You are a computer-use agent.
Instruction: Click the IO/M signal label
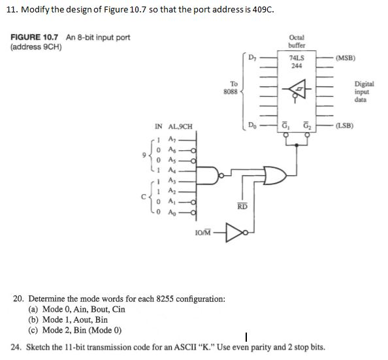pos(205,232)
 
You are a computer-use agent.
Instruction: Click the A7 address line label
pos(172,139)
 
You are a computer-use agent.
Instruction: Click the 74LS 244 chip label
pos(296,61)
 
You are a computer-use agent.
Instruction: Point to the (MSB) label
pos(344,57)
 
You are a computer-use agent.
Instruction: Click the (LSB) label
pos(344,125)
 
